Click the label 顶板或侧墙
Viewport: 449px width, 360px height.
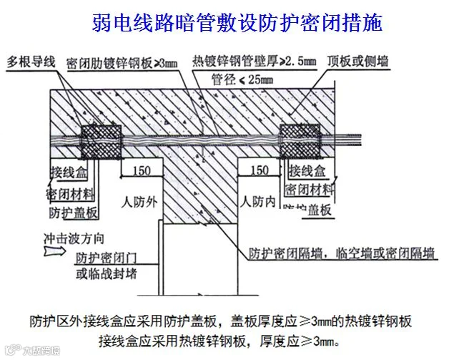pyautogui.click(x=359, y=62)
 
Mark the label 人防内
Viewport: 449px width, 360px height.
pyautogui.click(x=258, y=203)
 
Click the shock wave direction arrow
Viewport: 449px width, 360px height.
pyautogui.click(x=54, y=252)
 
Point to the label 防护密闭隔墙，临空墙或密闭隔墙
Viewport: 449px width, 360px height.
pyautogui.click(x=343, y=253)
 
